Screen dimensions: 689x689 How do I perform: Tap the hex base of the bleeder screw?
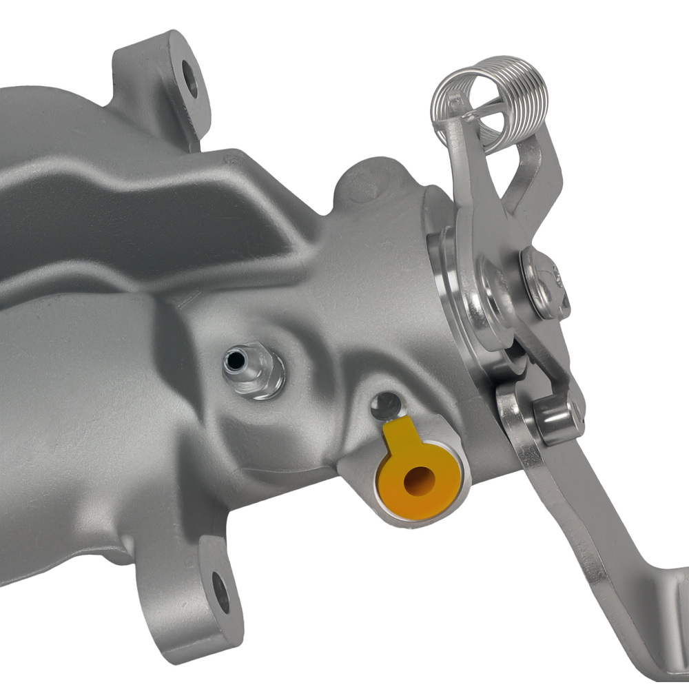coord(265,379)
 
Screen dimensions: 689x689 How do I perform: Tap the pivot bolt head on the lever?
coord(544,282)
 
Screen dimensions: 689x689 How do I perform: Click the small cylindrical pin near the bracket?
coord(557,419)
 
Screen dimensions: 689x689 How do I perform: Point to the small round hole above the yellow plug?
coord(386,407)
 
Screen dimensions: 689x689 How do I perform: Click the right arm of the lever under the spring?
coord(531,172)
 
